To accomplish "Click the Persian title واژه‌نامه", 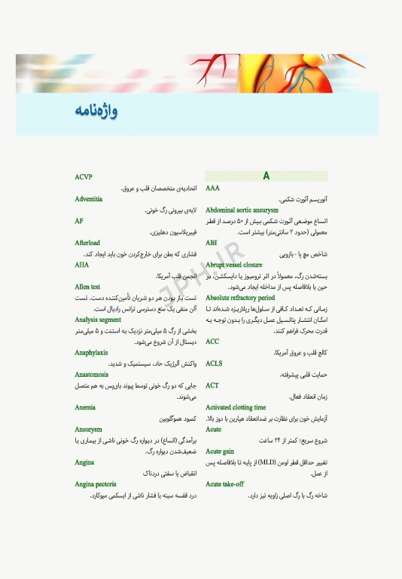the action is pos(96,112).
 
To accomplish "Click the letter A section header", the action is pos(266,176).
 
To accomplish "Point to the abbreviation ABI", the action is pos(212,243).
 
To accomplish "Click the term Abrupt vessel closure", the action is pos(233,265).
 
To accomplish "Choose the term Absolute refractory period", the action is pos(240,298).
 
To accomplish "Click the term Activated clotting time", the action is pos(236,407).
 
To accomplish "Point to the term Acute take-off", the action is pos(224,484).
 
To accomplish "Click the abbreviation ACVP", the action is pos(84,177).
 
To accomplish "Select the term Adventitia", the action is pos(89,199).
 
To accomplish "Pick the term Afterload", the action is pos(87,243).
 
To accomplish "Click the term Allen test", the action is pos(87,286).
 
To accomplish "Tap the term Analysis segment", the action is pos(98,320).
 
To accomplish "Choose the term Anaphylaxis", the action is pos(91,352).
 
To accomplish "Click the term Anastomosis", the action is pos(92,374).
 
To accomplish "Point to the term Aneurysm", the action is pos(88,429).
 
